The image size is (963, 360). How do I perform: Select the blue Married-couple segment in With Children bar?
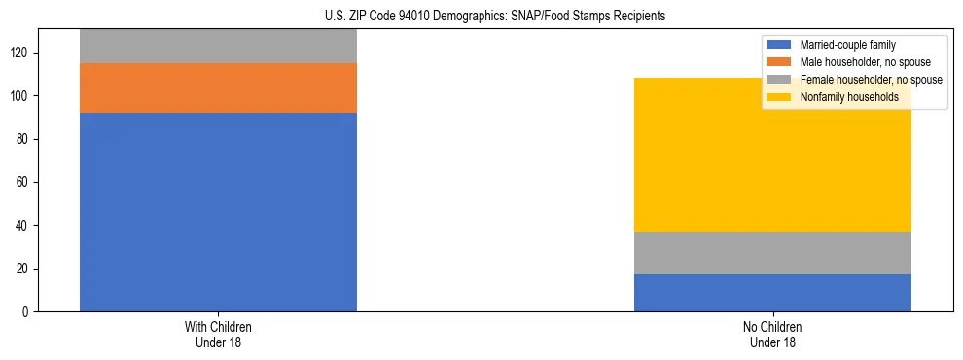tap(218, 212)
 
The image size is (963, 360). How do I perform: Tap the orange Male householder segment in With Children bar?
tap(218, 89)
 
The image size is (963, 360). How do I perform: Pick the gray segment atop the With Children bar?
tap(218, 47)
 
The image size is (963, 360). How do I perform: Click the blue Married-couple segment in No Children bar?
tap(772, 293)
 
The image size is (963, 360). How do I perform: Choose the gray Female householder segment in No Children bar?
tap(772, 253)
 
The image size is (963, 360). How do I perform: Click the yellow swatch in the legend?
tap(779, 97)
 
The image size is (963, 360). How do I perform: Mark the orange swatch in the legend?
tap(779, 62)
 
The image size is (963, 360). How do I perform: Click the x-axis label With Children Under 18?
tap(218, 334)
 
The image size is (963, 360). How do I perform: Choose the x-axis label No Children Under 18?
tap(772, 334)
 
